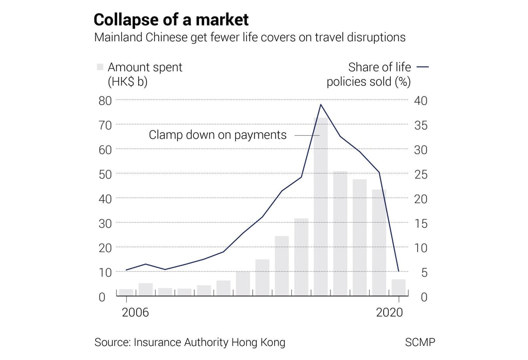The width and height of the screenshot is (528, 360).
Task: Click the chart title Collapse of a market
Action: pyautogui.click(x=171, y=20)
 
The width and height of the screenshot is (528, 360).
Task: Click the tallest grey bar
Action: pyautogui.click(x=321, y=206)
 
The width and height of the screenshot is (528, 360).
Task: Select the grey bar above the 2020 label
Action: pyautogui.click(x=399, y=287)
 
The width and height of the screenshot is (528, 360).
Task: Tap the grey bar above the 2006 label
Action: pyautogui.click(x=126, y=292)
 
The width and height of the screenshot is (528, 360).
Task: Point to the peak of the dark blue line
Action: pyautogui.click(x=321, y=105)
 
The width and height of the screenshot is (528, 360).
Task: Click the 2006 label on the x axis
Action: pyautogui.click(x=135, y=313)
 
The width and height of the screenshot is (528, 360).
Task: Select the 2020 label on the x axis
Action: pyautogui.click(x=389, y=313)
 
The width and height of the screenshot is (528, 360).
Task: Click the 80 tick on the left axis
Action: pyautogui.click(x=105, y=100)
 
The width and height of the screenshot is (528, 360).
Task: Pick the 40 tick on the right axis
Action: pyautogui.click(x=421, y=100)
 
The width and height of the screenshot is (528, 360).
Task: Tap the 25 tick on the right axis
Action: pyautogui.click(x=421, y=174)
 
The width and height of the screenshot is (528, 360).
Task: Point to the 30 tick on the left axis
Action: pyautogui.click(x=105, y=223)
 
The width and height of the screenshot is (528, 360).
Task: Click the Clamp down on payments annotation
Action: pyautogui.click(x=217, y=135)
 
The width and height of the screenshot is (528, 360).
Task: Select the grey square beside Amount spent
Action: pyautogui.click(x=100, y=67)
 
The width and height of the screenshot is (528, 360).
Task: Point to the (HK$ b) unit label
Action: pyautogui.click(x=127, y=82)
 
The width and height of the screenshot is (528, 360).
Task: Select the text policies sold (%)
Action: pyautogui.click(x=369, y=82)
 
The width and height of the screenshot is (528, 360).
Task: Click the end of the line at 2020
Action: pyautogui.click(x=399, y=270)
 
